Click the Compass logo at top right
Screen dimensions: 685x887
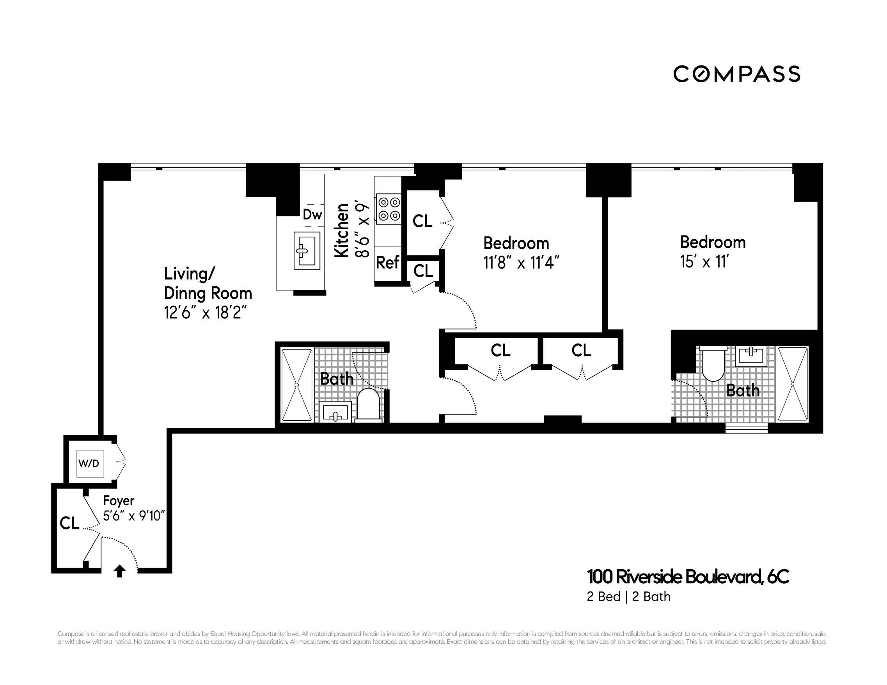736,74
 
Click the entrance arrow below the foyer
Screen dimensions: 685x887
119,571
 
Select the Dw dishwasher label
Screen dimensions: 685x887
312,214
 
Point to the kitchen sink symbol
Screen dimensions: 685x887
307,251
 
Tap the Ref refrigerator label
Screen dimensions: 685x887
387,262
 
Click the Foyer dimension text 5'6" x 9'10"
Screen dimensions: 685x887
134,516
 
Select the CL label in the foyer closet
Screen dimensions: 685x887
69,523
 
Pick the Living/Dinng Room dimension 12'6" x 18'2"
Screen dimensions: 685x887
206,313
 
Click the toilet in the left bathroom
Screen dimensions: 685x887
368,404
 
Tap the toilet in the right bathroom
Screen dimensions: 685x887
713,364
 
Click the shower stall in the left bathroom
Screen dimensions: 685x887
297,384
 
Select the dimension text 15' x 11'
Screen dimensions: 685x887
704,262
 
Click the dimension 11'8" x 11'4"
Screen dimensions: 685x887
521,263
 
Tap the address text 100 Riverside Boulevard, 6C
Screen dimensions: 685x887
688,577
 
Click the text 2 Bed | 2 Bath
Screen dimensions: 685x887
628,596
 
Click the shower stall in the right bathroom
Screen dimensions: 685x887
792,384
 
